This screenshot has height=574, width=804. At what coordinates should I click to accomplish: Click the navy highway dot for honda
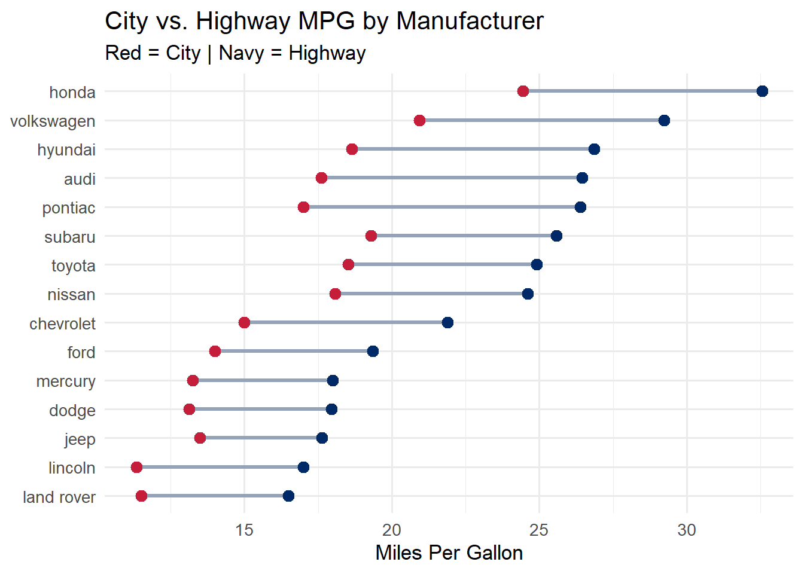pyautogui.click(x=762, y=91)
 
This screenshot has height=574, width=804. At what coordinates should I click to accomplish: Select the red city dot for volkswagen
pyautogui.click(x=419, y=121)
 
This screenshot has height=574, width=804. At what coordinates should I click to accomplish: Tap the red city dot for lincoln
pyautogui.click(x=136, y=467)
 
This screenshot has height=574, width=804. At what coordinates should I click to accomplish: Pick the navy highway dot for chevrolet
pyautogui.click(x=447, y=323)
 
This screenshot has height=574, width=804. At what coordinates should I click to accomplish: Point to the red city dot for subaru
pyautogui.click(x=371, y=236)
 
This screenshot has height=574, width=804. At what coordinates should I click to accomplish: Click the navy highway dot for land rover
pyautogui.click(x=288, y=496)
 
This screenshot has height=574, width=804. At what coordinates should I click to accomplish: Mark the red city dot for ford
pyautogui.click(x=215, y=352)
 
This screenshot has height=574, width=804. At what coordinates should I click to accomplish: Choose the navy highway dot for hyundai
pyautogui.click(x=594, y=149)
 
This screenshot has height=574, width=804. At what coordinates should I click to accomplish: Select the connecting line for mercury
pyautogui.click(x=263, y=381)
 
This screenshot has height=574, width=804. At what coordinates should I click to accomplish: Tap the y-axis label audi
pyautogui.click(x=80, y=179)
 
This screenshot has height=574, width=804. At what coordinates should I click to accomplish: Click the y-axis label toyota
pyautogui.click(x=73, y=265)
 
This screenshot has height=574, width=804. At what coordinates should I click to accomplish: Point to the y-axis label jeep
pyautogui.click(x=80, y=439)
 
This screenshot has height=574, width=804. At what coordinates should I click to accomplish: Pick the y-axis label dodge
pyautogui.click(x=72, y=410)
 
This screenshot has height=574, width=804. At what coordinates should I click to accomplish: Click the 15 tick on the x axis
pyautogui.click(x=244, y=530)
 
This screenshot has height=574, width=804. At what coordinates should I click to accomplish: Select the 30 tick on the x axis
pyautogui.click(x=687, y=530)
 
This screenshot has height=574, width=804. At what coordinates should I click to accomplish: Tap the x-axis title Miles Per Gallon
pyautogui.click(x=449, y=552)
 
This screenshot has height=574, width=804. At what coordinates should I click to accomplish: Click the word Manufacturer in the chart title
pyautogui.click(x=470, y=22)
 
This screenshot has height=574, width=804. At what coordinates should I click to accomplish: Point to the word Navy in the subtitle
pyautogui.click(x=241, y=53)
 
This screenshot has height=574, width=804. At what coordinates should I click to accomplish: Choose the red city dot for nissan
pyautogui.click(x=335, y=294)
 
